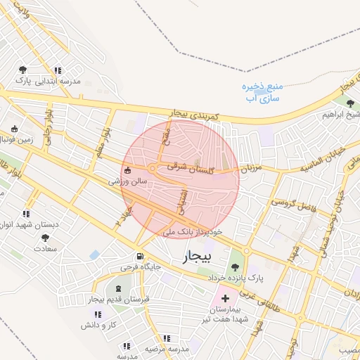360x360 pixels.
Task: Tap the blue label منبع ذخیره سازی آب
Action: (x=262, y=92)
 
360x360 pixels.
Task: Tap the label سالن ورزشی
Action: (x=127, y=181)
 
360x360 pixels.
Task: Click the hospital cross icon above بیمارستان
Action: (x=225, y=299)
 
